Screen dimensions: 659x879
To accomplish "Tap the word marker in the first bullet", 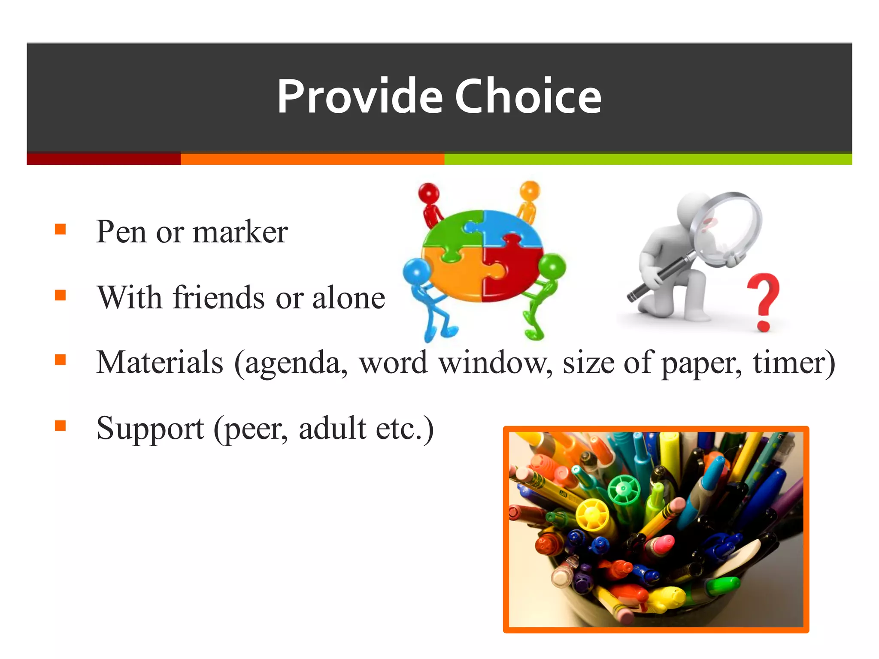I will [x=240, y=232].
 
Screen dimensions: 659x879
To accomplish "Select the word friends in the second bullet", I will [x=219, y=297].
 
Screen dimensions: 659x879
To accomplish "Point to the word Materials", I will [x=160, y=363].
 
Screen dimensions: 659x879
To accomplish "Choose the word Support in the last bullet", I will [x=150, y=428].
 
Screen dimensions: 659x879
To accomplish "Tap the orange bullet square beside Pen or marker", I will [x=61, y=230].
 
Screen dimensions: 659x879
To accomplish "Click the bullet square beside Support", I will [x=61, y=426].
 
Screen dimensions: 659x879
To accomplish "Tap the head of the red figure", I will [x=429, y=192].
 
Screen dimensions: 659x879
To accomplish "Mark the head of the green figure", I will [x=553, y=266].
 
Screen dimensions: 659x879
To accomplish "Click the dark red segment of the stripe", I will [x=103, y=159].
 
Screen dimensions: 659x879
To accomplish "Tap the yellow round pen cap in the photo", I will [x=592, y=515].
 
